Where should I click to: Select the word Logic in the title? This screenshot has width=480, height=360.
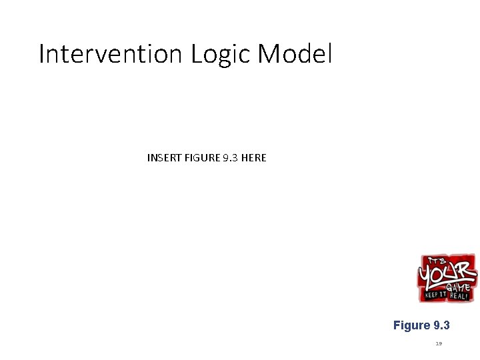[x=220, y=54]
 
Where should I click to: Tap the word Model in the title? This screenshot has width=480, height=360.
[x=294, y=54]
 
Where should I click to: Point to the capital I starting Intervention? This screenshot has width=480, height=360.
[x=41, y=54]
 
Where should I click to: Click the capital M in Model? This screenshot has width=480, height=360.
[x=268, y=54]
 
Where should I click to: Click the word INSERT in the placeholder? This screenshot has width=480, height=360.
[x=163, y=158]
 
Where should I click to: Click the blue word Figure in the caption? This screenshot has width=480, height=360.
[x=412, y=325]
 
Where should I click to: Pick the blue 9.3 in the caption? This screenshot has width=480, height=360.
[x=441, y=325]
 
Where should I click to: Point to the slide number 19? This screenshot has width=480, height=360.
[x=439, y=344]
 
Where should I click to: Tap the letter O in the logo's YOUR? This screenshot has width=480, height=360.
[x=440, y=274]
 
